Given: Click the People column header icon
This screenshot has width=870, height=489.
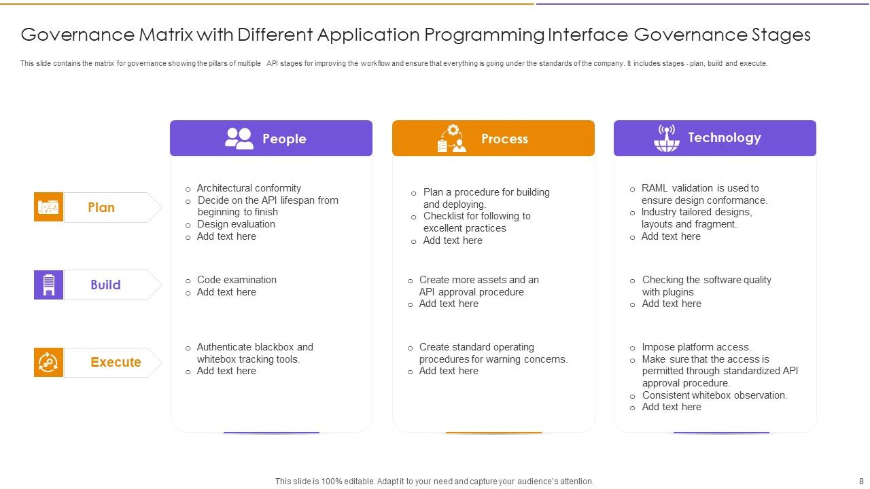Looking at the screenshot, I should click(239, 139).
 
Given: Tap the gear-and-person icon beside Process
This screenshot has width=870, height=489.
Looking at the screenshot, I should click(452, 139).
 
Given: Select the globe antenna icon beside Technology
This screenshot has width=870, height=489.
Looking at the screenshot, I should click(667, 138).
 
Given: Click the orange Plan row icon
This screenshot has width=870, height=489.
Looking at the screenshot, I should click(48, 207).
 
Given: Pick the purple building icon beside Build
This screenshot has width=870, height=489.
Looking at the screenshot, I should click(48, 285).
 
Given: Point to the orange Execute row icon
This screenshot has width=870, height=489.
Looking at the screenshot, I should click(48, 362).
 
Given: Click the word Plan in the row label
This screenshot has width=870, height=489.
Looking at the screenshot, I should click(101, 207).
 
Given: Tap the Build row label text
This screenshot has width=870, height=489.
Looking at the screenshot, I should click(105, 285).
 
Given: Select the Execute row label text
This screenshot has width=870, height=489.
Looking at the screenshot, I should click(116, 362).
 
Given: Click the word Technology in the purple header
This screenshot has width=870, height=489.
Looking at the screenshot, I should click(724, 137).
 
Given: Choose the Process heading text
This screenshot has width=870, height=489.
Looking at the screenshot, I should click(504, 139).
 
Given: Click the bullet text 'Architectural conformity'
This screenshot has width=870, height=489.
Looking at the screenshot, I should click(249, 188).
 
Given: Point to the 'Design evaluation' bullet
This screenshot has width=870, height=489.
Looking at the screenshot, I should click(236, 224).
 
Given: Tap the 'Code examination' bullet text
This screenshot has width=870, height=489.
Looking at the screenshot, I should click(237, 280).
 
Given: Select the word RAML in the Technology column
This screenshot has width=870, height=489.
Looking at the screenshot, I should click(655, 188).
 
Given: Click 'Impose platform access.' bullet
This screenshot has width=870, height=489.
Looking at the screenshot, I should click(696, 347).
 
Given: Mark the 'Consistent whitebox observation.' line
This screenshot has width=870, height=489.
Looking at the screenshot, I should click(714, 395).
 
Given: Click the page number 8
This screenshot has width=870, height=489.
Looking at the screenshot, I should click(861, 482).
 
